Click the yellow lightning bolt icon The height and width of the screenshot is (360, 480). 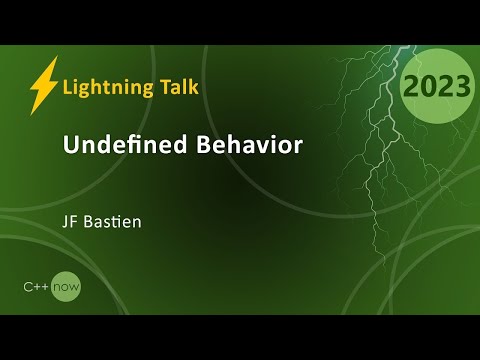43,85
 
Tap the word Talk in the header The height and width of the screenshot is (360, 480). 176,86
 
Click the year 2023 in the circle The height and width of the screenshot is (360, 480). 435,87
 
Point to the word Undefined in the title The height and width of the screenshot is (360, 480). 117,145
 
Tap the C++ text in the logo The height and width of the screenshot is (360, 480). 39,287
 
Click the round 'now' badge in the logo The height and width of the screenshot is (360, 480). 68,287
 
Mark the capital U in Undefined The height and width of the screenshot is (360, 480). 70,145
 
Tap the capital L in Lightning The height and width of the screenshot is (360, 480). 67,86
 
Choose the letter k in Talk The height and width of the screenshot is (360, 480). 193,86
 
